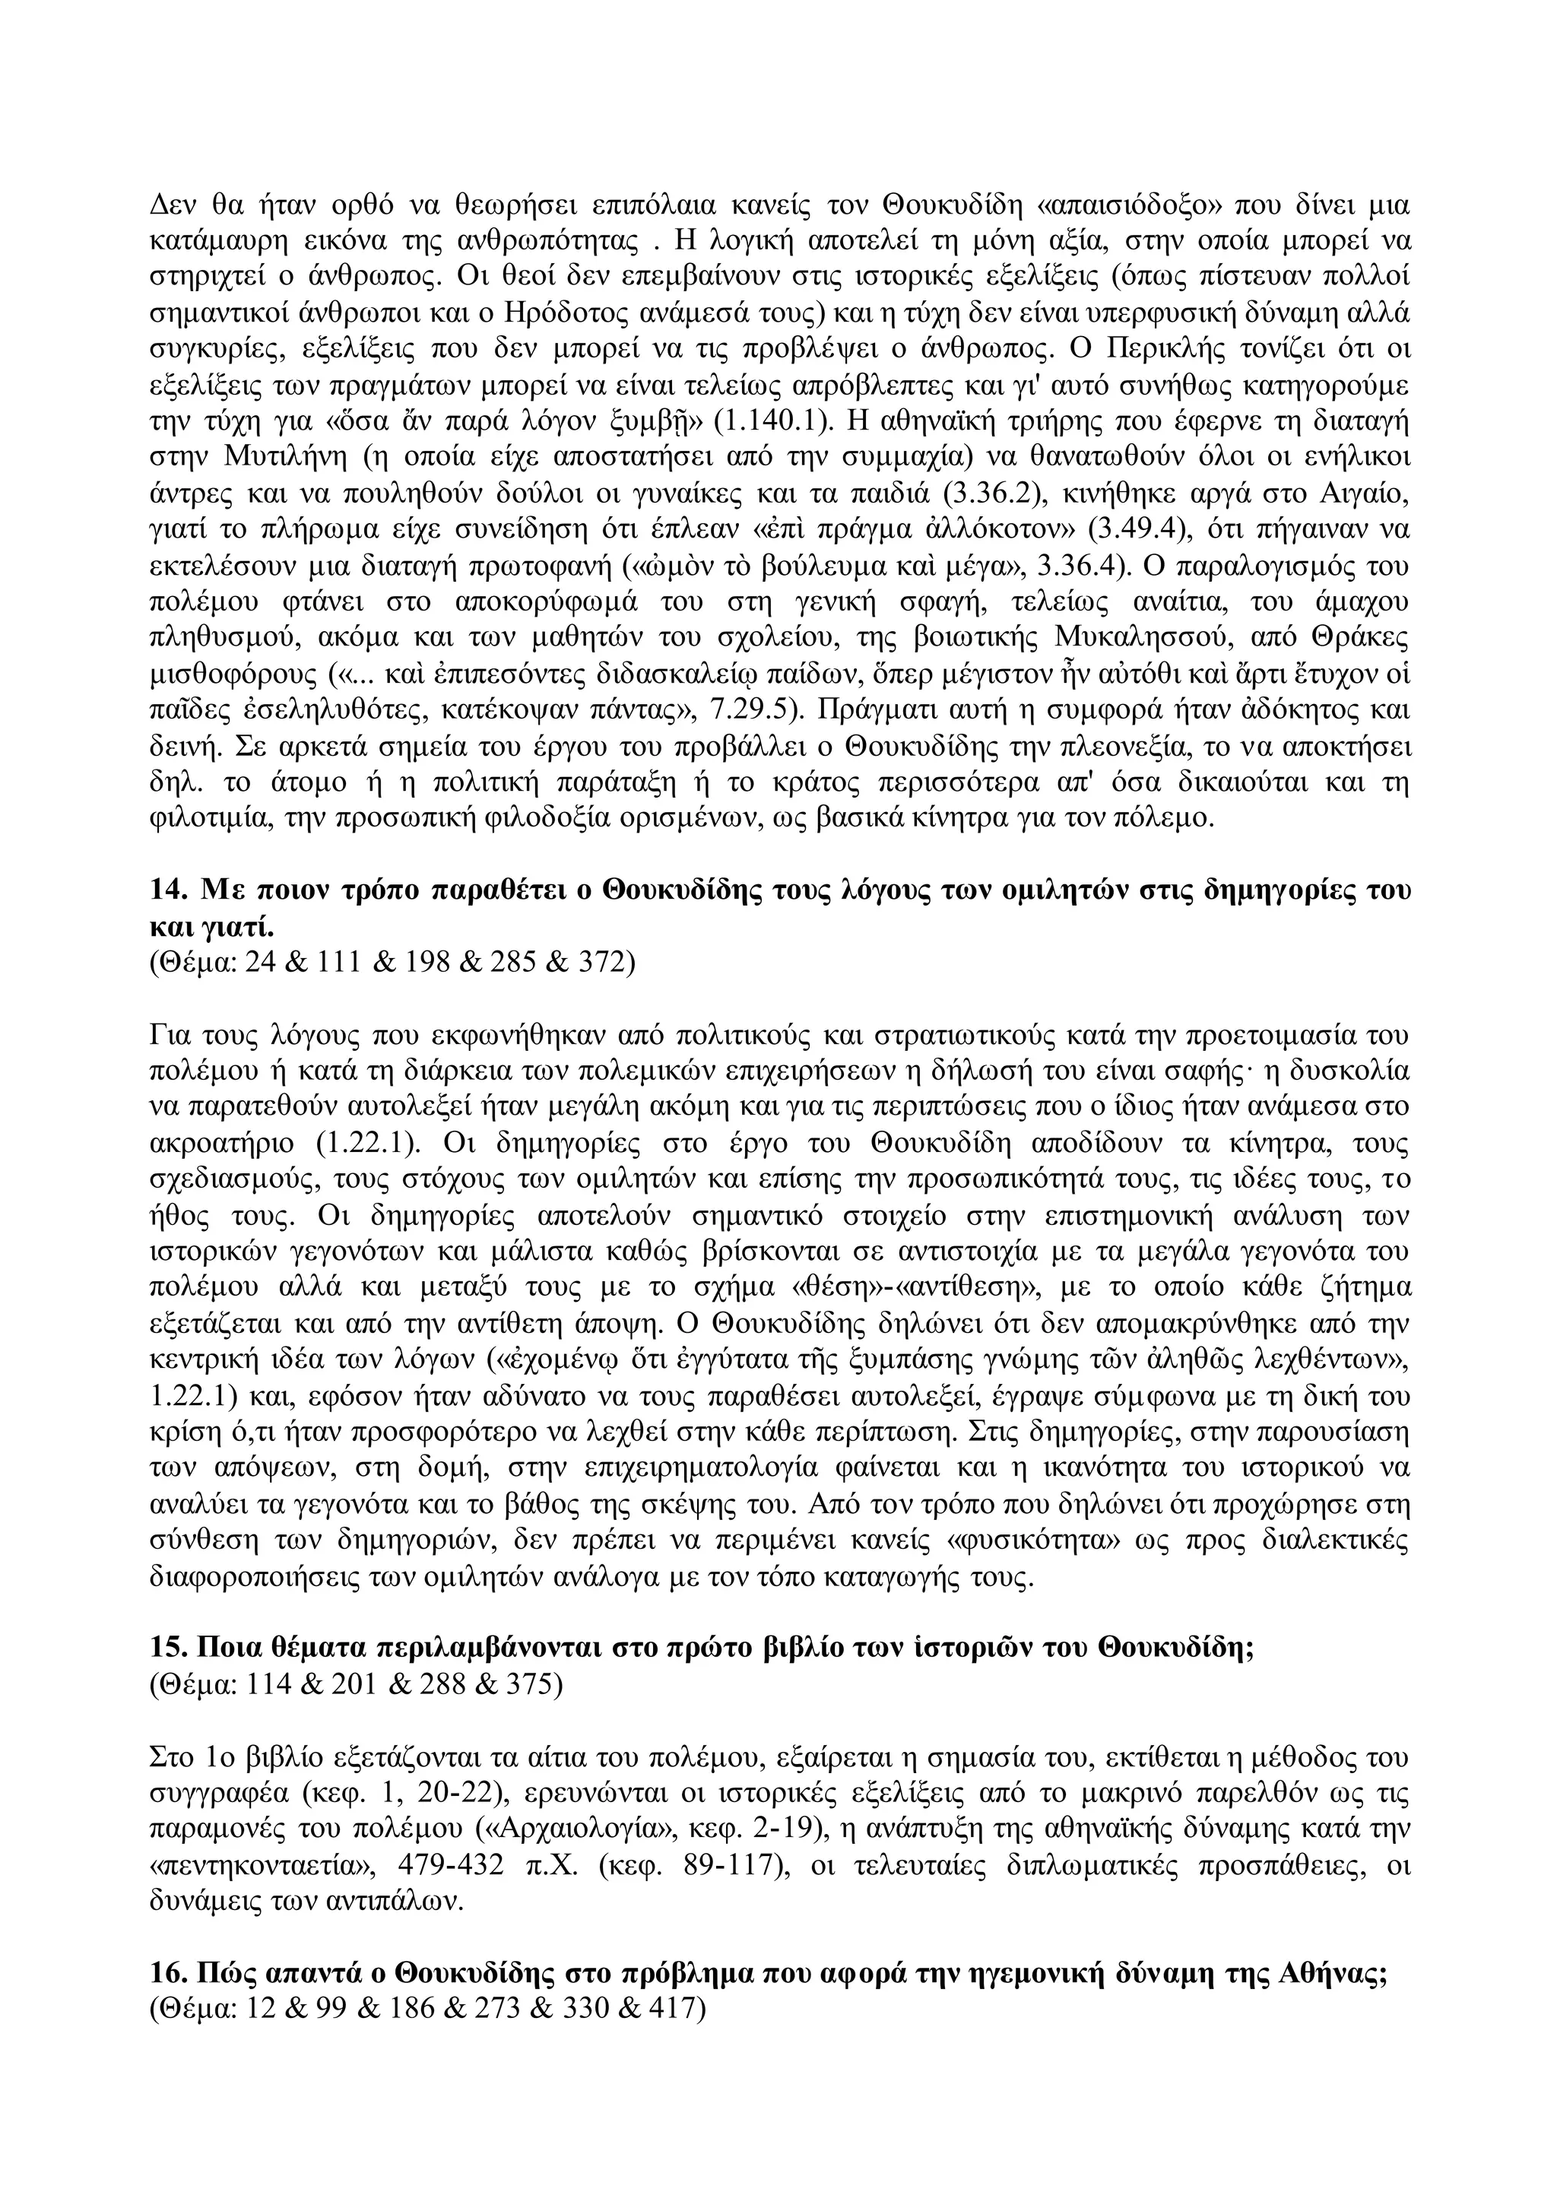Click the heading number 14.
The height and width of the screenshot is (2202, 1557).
coord(169,889)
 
